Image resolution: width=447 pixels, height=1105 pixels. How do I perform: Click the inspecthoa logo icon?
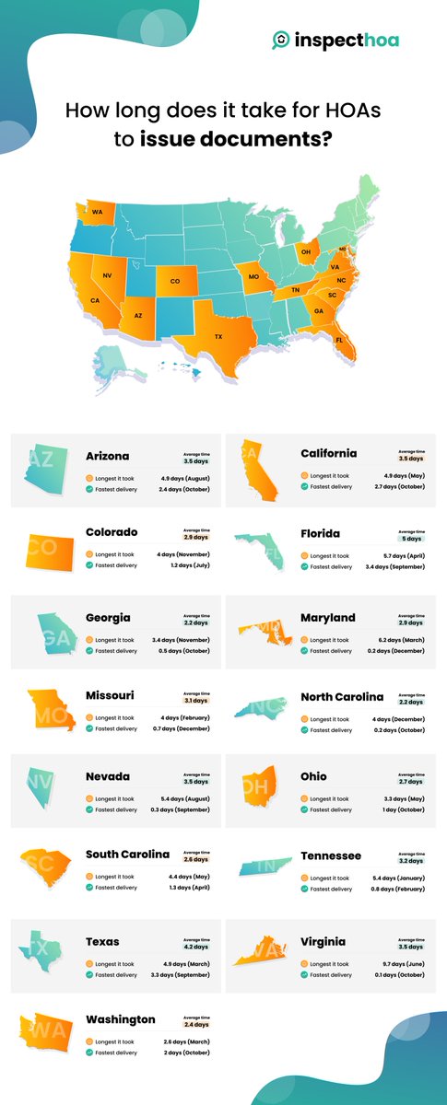pos(280,40)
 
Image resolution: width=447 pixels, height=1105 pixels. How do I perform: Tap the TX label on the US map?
pos(218,337)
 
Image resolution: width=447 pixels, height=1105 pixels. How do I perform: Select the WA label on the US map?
pos(97,212)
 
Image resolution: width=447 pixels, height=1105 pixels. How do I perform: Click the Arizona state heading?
pos(108,455)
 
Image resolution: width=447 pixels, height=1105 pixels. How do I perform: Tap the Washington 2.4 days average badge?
pos(196,1024)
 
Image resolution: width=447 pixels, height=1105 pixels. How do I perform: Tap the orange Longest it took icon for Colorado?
pos(89,555)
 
